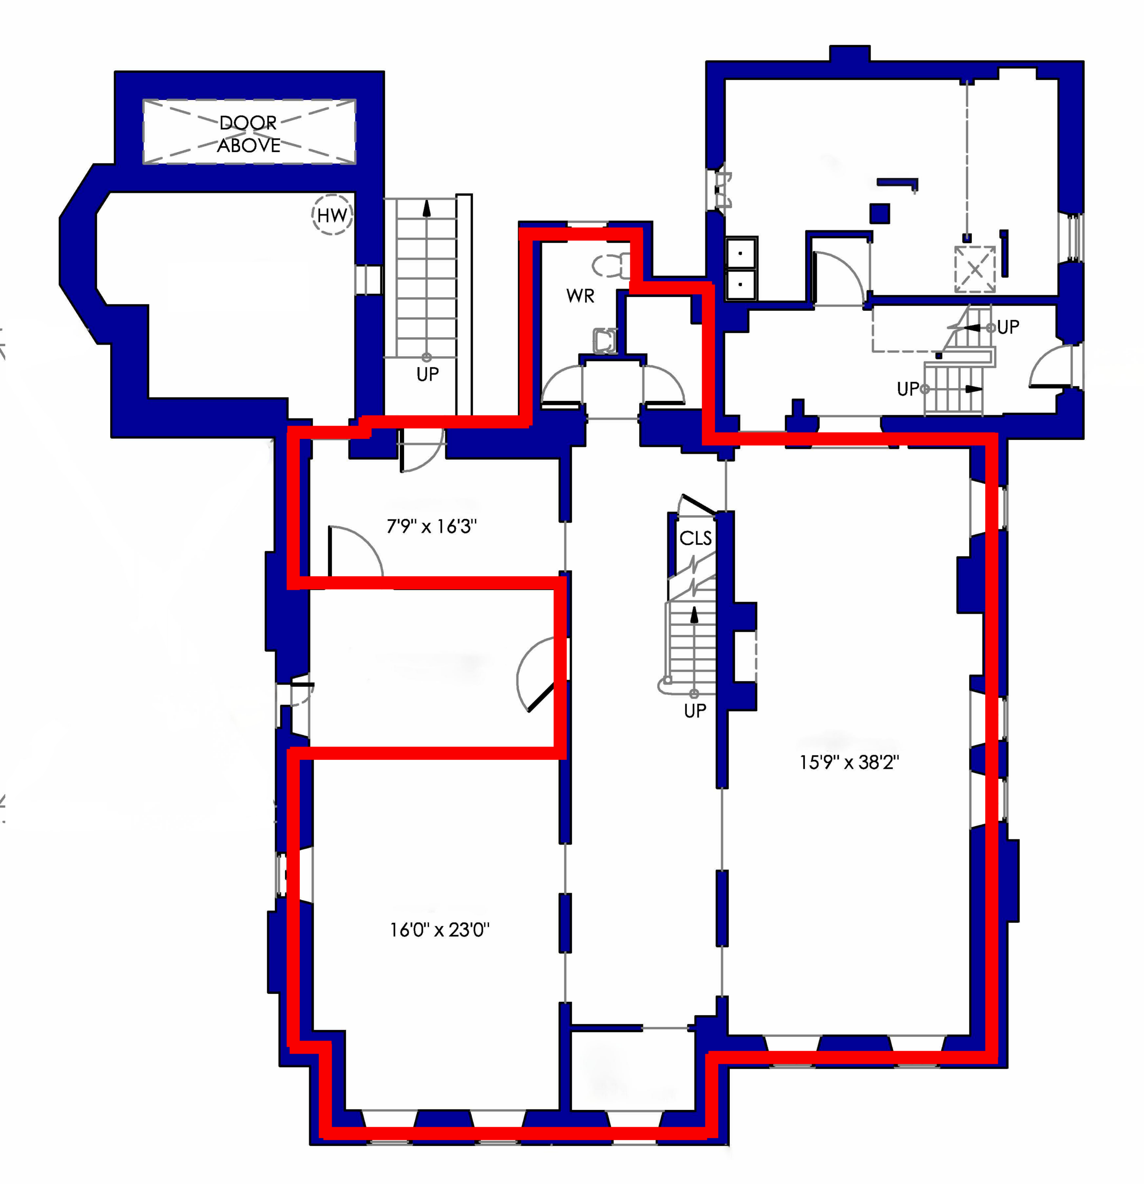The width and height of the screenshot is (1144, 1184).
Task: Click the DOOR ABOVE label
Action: (249, 134)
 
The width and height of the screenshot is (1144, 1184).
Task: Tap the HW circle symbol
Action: (332, 215)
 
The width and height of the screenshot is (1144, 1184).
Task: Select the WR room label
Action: (580, 296)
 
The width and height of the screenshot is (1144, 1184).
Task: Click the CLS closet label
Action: (696, 537)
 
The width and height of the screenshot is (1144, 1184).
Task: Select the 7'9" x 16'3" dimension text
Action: (431, 526)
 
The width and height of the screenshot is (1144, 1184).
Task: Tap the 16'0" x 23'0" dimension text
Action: (439, 929)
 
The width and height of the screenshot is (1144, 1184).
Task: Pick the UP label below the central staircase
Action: (695, 710)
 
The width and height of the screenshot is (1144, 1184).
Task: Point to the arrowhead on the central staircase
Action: (694, 614)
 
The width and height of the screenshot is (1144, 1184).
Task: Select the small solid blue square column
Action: (880, 213)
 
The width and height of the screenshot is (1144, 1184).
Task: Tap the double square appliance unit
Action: (741, 268)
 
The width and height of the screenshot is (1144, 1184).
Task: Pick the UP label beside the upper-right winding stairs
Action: (1008, 327)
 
